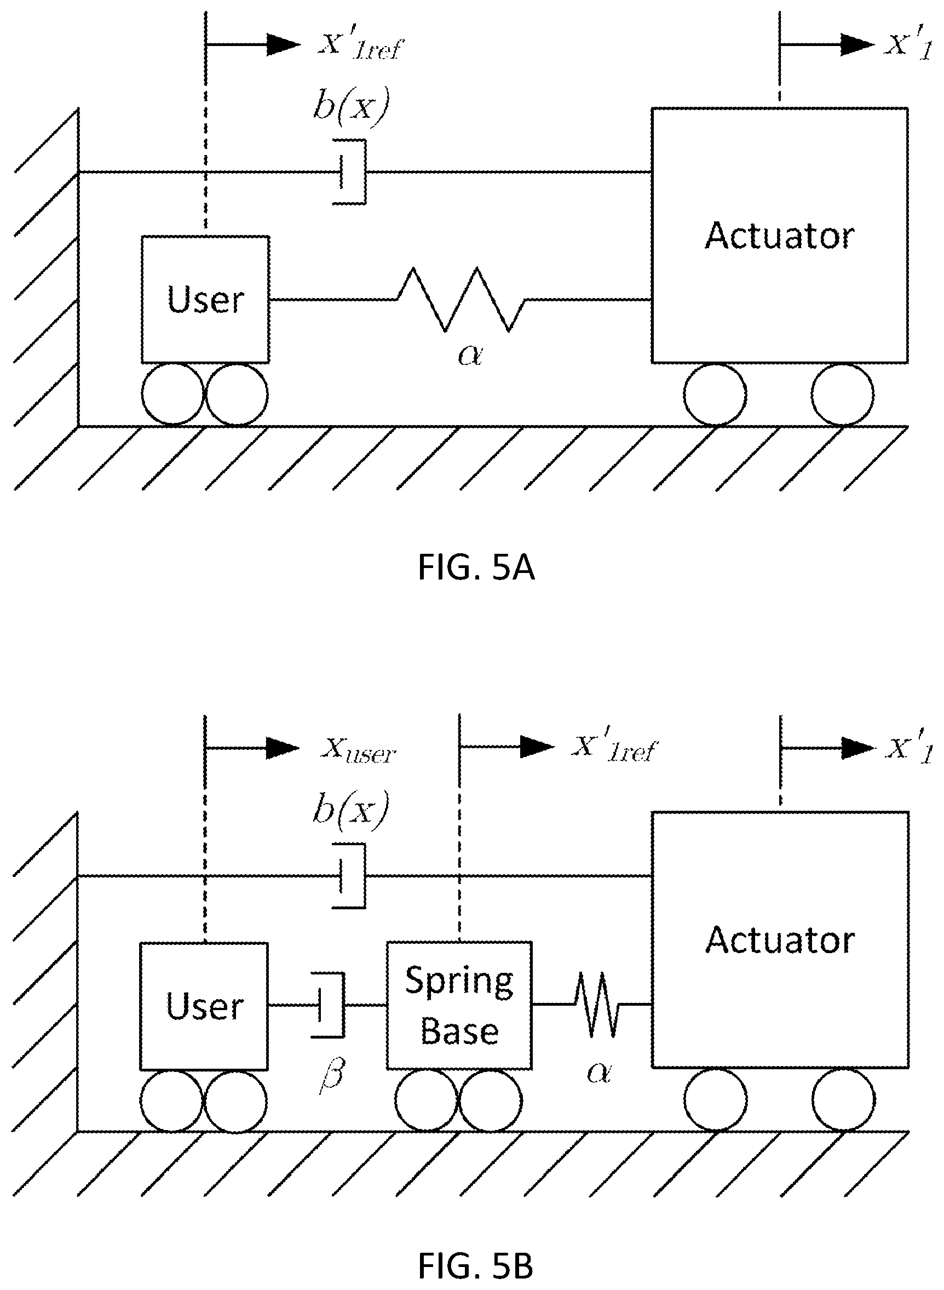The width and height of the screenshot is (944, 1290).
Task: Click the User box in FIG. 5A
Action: (206, 300)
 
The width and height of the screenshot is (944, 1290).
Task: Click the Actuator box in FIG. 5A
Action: (780, 236)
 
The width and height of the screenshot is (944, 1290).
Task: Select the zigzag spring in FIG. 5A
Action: (461, 300)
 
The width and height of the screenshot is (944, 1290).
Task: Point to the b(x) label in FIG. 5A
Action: (351, 106)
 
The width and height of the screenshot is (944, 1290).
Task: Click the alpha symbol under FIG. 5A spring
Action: (470, 355)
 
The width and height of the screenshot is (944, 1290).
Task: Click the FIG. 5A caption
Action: (476, 568)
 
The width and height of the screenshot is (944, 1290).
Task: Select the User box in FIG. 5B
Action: (205, 1006)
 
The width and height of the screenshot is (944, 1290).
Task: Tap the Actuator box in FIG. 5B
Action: (780, 939)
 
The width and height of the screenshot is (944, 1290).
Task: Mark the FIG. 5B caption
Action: (476, 1266)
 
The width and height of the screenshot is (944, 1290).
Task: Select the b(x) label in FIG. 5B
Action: (351, 811)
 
